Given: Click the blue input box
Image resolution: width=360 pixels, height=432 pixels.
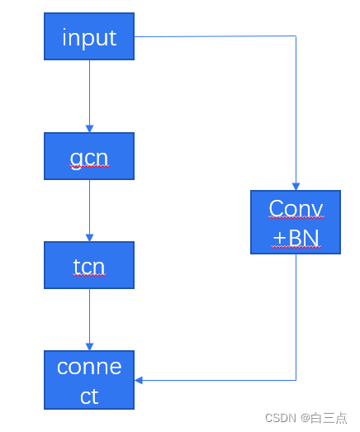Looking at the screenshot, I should click(89, 36).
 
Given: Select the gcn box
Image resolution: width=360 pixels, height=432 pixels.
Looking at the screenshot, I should click(89, 156).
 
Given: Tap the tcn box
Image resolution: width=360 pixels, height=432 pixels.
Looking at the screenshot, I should click(89, 266).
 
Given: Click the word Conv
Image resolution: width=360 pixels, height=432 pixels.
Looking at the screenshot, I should click(296, 208).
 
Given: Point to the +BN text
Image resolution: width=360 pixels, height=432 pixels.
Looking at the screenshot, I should click(296, 238).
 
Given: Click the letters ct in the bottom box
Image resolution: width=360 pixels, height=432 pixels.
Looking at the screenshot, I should click(89, 396).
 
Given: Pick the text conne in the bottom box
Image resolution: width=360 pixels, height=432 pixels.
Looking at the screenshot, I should click(89, 367).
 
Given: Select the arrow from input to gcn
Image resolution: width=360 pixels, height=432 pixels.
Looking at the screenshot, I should click(89, 95).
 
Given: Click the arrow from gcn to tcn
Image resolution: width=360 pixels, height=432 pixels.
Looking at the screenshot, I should click(89, 210).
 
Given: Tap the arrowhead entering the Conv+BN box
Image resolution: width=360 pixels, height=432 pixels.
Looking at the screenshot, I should click(296, 187).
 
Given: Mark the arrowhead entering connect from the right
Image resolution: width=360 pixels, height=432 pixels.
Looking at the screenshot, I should click(140, 380).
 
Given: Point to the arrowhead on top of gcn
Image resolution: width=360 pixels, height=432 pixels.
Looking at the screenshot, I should click(89, 129).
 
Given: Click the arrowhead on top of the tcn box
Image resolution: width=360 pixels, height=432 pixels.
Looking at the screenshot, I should click(89, 238).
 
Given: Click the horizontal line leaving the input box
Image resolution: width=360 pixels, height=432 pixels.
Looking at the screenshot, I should click(215, 36).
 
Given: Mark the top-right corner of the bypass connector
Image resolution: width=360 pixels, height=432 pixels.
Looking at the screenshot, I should click(296, 36).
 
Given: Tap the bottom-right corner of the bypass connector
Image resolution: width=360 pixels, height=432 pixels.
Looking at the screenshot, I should click(296, 380).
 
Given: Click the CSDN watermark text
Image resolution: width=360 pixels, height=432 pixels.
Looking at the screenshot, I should click(281, 418).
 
